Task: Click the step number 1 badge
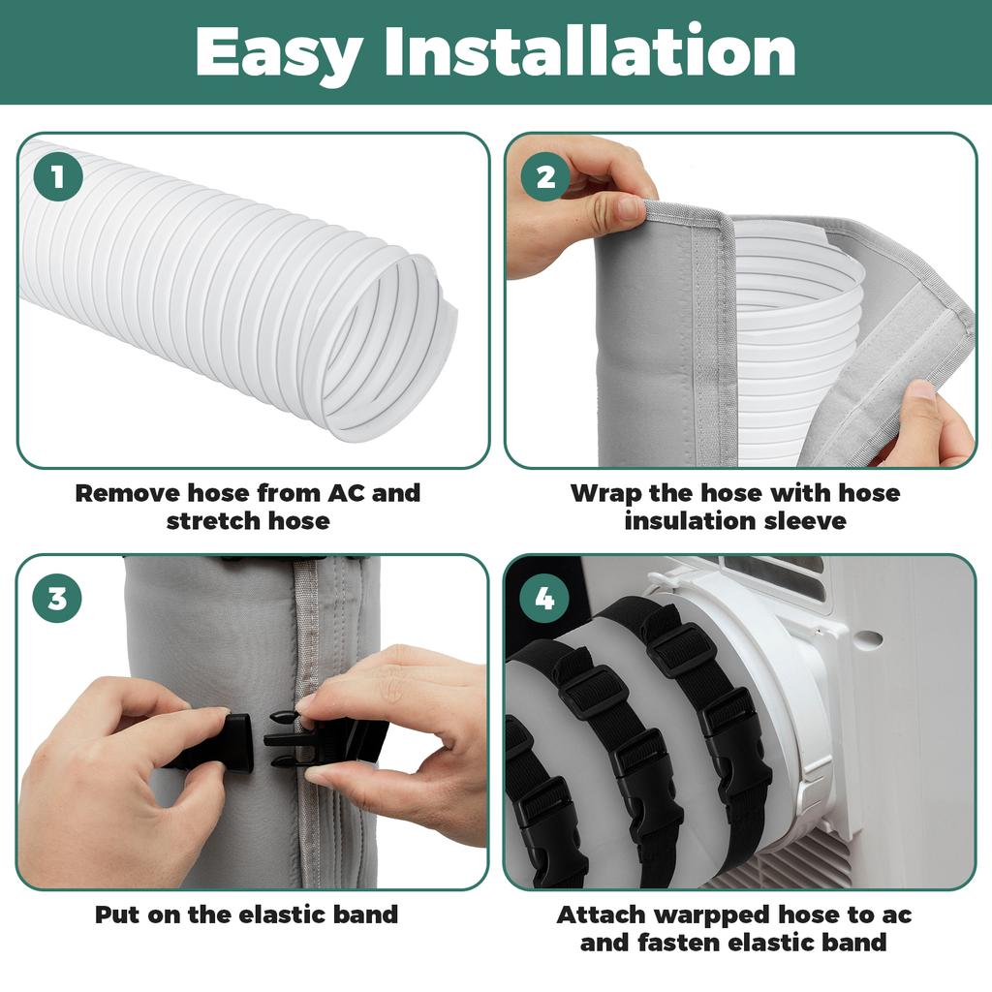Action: [x=57, y=177]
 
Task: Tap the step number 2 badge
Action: [x=545, y=177]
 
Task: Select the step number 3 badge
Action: [x=57, y=599]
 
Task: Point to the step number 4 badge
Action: [x=545, y=599]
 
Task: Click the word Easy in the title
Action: [x=277, y=53]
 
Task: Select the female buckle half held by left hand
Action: [x=218, y=741]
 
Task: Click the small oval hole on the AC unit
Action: [x=869, y=639]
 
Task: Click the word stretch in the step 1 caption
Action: [x=205, y=520]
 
